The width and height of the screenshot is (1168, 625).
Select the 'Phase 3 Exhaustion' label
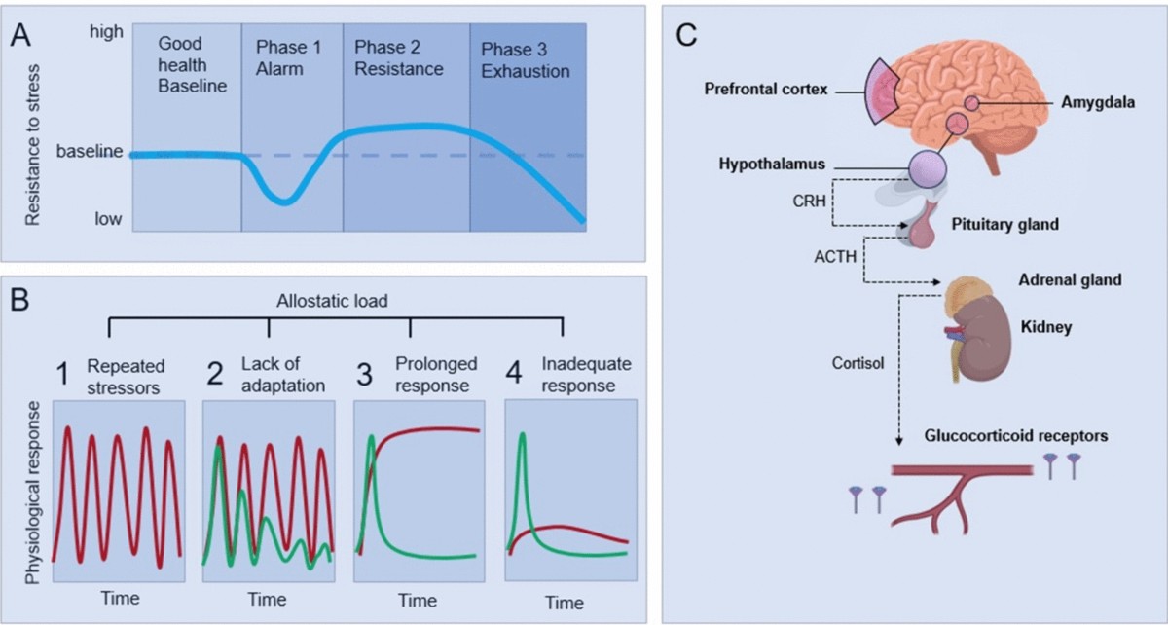(x=525, y=58)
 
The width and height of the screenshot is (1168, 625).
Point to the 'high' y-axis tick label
(x=106, y=31)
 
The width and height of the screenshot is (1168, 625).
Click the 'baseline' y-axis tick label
(x=91, y=152)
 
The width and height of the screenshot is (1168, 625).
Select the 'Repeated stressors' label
(x=126, y=376)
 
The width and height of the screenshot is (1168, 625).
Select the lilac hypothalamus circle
(x=927, y=168)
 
